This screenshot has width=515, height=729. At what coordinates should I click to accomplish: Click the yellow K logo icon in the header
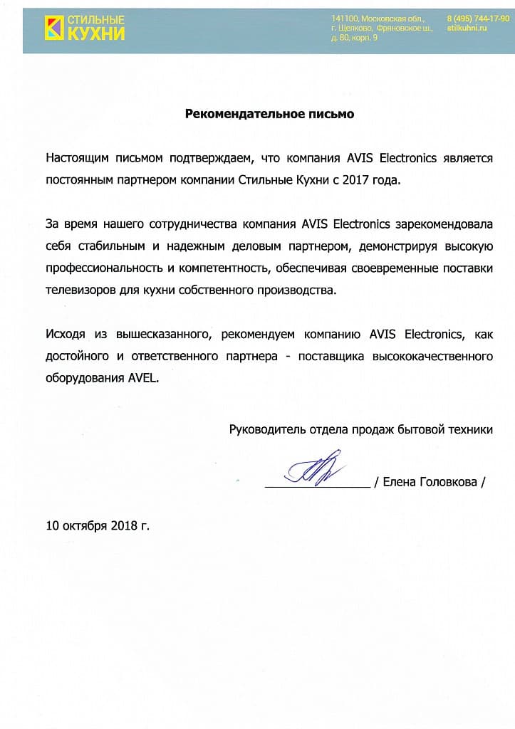coord(53,27)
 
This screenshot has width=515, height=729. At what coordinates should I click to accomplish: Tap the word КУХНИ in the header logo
coord(95,33)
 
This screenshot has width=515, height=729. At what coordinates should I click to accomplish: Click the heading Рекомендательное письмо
coord(269,113)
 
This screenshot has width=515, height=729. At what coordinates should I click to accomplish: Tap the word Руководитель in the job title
coord(267,429)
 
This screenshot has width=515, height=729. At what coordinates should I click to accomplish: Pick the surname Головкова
coord(450,482)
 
